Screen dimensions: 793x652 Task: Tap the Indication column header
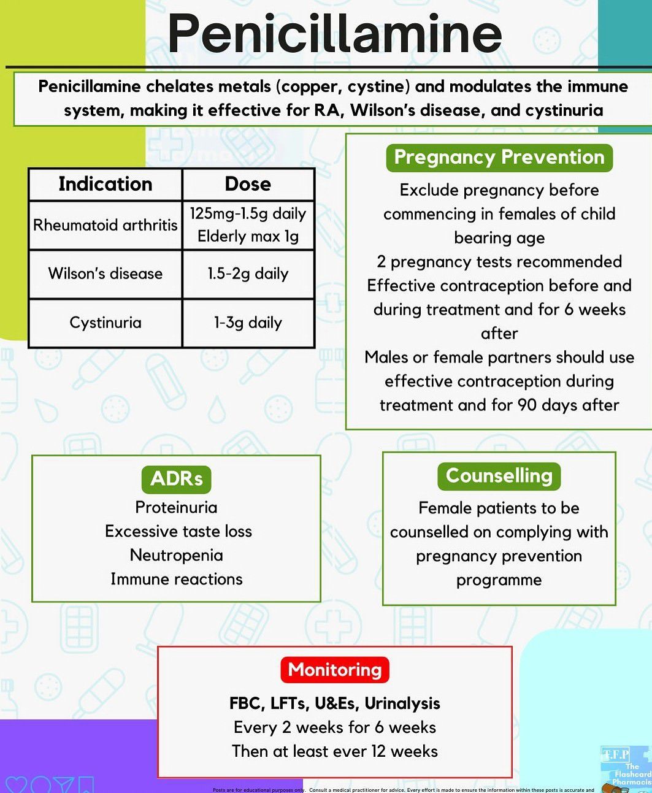point(105,184)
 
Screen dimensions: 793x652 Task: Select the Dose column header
point(248,184)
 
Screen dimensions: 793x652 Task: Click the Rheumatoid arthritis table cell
point(105,225)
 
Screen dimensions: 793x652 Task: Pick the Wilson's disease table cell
point(105,274)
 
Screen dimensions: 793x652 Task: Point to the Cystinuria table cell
point(105,323)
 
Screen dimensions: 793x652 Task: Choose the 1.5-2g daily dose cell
point(248,274)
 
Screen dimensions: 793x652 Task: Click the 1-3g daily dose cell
point(248,323)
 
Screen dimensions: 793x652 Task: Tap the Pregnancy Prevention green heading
point(499,158)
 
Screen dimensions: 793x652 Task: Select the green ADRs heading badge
point(176,479)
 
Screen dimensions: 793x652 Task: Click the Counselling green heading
point(499,476)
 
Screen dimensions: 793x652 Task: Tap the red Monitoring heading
point(335,670)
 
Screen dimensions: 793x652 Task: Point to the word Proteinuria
point(176,507)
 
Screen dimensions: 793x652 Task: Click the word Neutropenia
point(176,555)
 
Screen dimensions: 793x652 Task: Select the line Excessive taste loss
point(178,531)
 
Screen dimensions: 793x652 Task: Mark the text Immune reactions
point(176,579)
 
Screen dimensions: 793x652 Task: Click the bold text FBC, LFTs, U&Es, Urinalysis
point(335,703)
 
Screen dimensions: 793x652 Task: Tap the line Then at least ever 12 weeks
point(335,751)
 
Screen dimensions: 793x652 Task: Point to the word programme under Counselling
point(499,580)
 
